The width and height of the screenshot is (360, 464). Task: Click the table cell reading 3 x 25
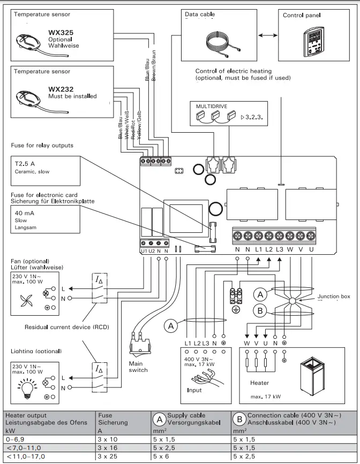[110, 456]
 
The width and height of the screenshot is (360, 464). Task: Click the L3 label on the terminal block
[280, 249]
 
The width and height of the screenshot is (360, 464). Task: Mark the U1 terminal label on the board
[144, 250]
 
